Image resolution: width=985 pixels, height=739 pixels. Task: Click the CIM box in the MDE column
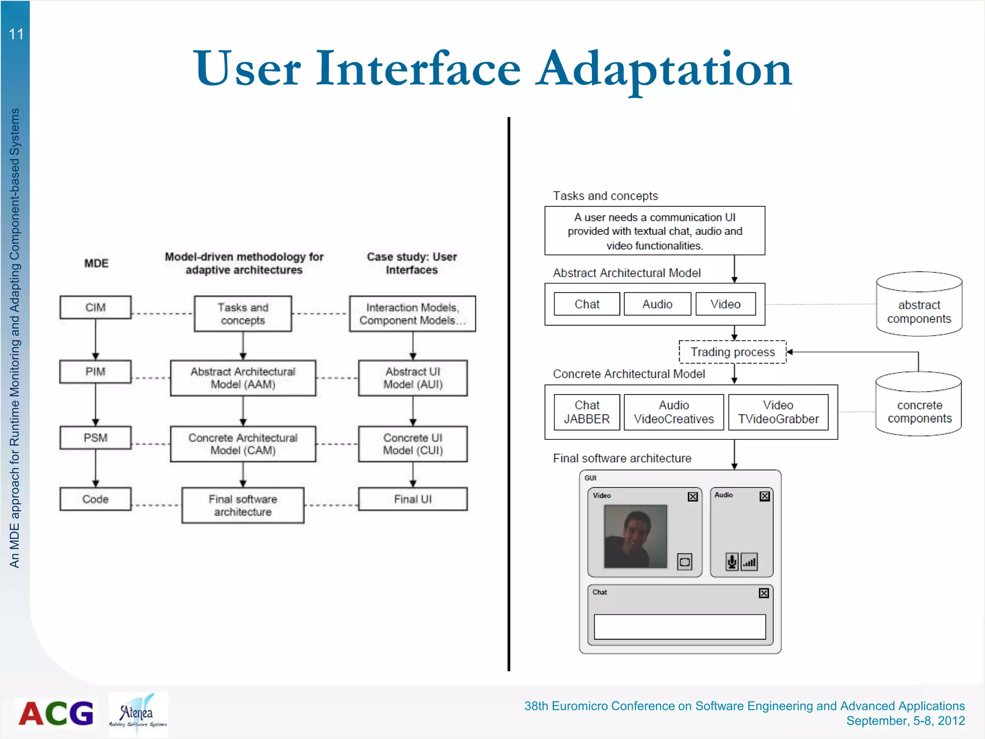[x=95, y=307]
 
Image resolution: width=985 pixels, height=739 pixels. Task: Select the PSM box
[x=95, y=438]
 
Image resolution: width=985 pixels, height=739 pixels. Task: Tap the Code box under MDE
[x=95, y=499]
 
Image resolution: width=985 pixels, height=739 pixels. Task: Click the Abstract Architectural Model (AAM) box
[x=243, y=378]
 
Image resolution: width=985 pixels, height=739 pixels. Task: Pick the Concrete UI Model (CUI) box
[x=413, y=444]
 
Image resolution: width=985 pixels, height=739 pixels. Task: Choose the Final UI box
[x=413, y=499]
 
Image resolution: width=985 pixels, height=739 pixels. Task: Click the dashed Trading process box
[x=732, y=352]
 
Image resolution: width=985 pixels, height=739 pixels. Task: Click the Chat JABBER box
[x=587, y=412]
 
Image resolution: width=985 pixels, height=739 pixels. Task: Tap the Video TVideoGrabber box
[x=778, y=412]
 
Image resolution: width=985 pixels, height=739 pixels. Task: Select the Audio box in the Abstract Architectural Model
[x=657, y=304]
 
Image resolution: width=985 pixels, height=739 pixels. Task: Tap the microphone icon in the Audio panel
[x=732, y=561]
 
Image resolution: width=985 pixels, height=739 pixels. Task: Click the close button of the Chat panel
[x=764, y=593]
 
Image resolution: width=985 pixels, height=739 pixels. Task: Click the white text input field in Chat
[x=680, y=626]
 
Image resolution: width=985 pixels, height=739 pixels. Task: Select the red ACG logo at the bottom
[x=56, y=713]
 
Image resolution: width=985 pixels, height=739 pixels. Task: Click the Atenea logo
[x=138, y=714]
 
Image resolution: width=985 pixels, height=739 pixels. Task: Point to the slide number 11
[x=16, y=34]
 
